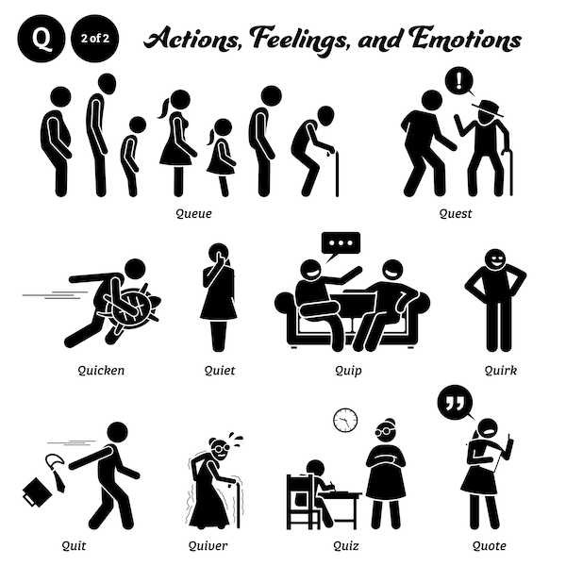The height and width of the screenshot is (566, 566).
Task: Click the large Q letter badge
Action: coord(42,39)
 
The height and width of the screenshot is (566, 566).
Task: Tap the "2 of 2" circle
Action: coord(95,39)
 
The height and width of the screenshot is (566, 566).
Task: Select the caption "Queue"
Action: coord(193,214)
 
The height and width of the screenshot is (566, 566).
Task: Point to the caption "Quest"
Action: coord(456,214)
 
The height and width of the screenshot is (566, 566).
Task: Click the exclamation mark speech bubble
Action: coord(459,82)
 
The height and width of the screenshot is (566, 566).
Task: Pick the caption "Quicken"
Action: coord(101,371)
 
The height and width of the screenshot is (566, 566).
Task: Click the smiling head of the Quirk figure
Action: coord(495,259)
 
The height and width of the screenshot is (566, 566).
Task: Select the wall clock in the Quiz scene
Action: coord(345,420)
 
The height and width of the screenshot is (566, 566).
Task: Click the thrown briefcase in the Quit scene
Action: coord(37,492)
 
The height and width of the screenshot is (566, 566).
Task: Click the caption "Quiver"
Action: coord(208,545)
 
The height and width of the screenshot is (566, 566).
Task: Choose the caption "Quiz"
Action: coord(346,545)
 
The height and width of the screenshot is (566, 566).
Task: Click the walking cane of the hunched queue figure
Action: coord(337,175)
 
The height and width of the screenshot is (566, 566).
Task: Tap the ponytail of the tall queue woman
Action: coord(163,108)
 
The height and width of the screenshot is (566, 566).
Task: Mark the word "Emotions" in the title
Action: coord(465,39)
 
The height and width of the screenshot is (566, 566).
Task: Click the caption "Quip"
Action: coord(348,371)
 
